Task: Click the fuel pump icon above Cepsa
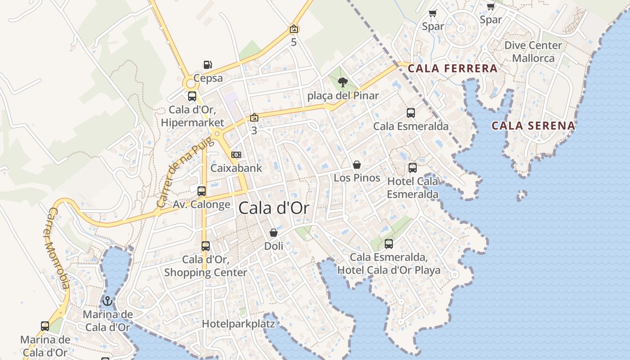coord(207,65)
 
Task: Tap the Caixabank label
coord(236,168)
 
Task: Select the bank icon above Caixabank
coord(236,155)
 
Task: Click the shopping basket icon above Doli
coord(274,233)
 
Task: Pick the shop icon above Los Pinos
coord(357,165)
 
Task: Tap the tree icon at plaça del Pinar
coord(343,82)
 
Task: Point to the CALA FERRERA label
coord(453,69)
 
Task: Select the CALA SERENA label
coord(533,126)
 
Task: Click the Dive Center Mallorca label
coord(533,52)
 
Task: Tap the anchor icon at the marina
coord(107,301)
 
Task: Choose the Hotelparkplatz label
coord(238,324)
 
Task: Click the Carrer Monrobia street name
coord(58,248)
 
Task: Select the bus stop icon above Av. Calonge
coord(202,191)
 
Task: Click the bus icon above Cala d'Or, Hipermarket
coord(192,96)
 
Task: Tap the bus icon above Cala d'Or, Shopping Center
coord(206,246)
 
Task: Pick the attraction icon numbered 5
coord(294,29)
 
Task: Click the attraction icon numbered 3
coord(254,117)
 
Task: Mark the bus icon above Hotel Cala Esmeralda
coord(413,168)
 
